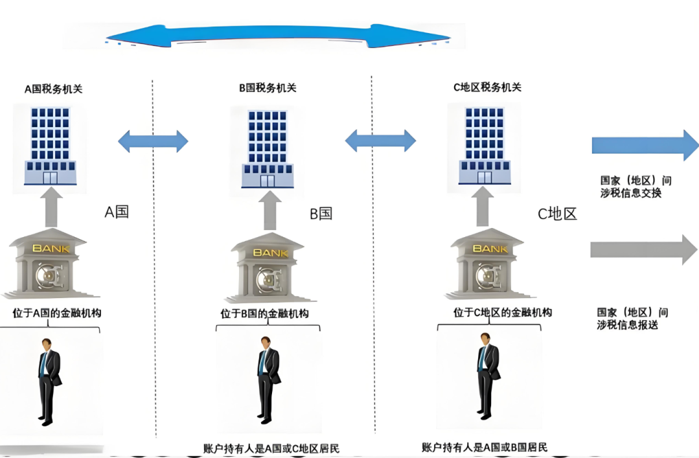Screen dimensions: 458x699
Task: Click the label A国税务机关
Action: point(53,89)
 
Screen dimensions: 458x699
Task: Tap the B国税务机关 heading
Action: point(268,88)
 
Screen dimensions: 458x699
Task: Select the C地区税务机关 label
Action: point(487,87)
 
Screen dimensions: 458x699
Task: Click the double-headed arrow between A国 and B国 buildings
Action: point(153,141)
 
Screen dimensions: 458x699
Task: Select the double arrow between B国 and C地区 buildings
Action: point(380,141)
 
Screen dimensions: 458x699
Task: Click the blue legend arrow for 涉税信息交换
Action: point(644,144)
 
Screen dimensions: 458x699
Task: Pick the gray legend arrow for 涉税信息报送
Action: point(643,249)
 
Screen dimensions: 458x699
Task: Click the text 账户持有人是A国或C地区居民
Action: point(271,448)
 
